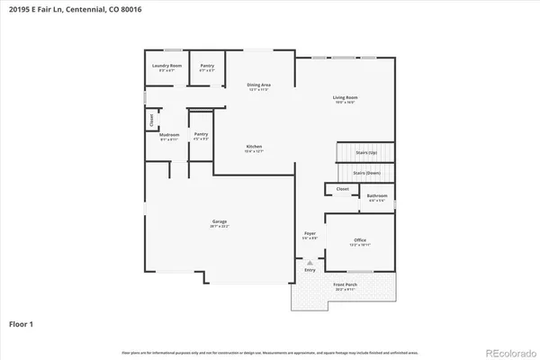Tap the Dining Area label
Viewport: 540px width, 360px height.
coord(259,85)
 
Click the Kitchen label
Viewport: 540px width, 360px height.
coord(255,148)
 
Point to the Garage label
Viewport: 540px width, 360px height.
coord(219,221)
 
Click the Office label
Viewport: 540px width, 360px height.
coord(360,240)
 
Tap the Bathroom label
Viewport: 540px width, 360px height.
coord(377,195)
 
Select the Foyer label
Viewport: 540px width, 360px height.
coord(310,234)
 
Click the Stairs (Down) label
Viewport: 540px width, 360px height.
coord(365,171)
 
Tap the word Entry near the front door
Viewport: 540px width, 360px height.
coord(310,269)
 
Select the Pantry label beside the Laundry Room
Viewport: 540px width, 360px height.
coord(207,66)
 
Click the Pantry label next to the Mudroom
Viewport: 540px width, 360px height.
coord(201,135)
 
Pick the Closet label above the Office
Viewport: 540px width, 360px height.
coord(343,189)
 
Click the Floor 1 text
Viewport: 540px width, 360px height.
coord(22,322)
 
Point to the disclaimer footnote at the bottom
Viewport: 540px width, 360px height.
coord(270,351)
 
